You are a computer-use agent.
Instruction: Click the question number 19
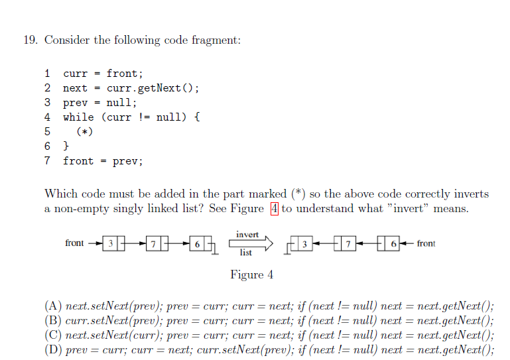(29, 40)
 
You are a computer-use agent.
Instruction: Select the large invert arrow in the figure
(251, 243)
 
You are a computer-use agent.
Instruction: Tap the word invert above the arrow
(248, 235)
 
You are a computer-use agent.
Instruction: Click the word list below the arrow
(246, 253)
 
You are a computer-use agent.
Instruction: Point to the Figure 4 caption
(251, 274)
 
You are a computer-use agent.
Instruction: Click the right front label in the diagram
(426, 243)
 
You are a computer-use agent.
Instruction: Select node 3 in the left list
(111, 243)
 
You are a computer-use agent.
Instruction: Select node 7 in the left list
(154, 243)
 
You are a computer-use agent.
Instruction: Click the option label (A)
(53, 306)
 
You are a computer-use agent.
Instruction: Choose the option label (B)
(53, 321)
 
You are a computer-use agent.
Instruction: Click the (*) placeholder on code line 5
(84, 131)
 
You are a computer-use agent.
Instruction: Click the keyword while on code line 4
(78, 117)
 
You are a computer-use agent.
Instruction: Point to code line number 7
(47, 160)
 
